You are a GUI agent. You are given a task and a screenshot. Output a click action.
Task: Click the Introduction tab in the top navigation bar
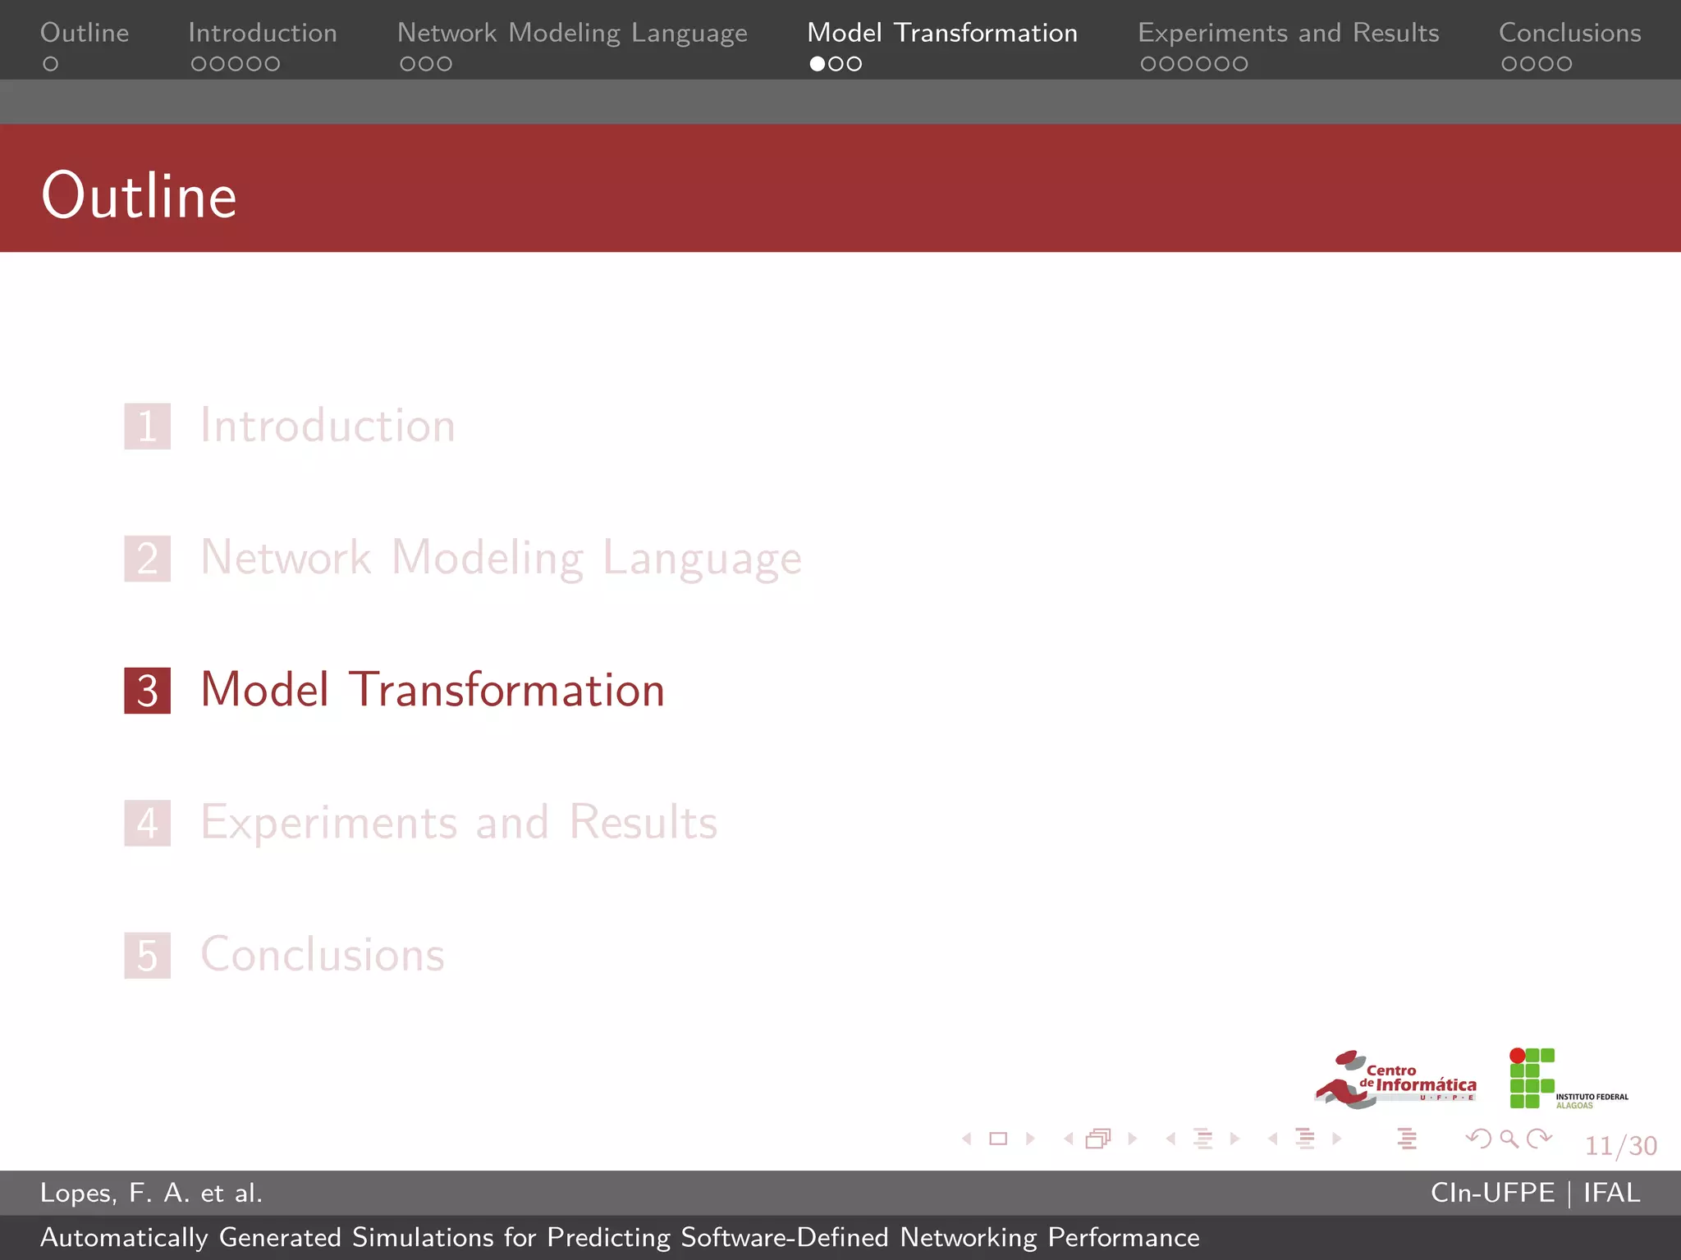coord(262,33)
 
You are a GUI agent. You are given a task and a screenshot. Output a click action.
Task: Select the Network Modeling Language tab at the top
coord(572,33)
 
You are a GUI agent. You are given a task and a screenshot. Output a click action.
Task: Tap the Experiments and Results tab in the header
coord(1288,33)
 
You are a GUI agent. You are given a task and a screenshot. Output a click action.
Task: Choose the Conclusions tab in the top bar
coord(1569,33)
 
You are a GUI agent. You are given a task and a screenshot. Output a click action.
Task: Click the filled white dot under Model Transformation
coord(818,64)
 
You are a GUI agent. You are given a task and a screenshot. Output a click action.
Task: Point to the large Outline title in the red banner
coord(140,196)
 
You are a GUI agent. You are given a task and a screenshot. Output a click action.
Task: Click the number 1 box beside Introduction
coord(148,427)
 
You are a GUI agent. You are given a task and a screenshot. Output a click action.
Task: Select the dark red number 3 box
coord(148,691)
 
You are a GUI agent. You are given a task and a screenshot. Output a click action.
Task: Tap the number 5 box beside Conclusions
coord(148,956)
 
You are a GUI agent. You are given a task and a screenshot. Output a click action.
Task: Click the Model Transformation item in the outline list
coord(433,690)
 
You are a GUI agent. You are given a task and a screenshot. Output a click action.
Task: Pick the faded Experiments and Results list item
coord(459,822)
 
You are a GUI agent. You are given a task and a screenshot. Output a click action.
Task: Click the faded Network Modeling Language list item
coord(501,558)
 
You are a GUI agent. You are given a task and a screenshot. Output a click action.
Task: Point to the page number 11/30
coord(1620,1145)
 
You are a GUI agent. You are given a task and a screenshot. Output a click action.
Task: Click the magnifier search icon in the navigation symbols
coord(1509,1139)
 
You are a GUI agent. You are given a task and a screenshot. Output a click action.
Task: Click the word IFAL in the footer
coord(1611,1193)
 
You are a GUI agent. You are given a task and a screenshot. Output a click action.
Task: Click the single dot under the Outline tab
coord(51,64)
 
